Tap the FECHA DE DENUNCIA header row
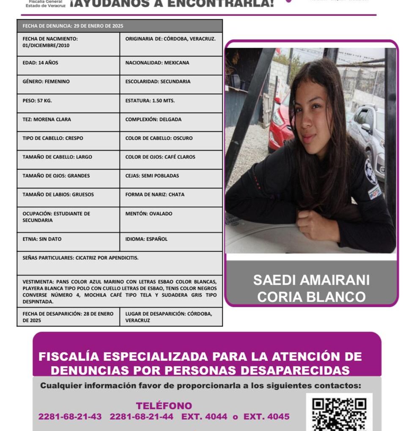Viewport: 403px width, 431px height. click(120, 26)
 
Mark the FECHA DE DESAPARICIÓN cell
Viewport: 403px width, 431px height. click(68, 317)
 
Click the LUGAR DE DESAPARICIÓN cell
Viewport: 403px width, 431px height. click(171, 317)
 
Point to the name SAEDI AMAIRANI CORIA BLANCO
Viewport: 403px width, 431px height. click(311, 288)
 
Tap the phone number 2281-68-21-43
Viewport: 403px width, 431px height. click(70, 417)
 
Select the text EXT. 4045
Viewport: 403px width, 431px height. click(266, 417)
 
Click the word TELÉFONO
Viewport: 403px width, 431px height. click(164, 406)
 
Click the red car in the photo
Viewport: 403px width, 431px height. click(280, 123)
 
